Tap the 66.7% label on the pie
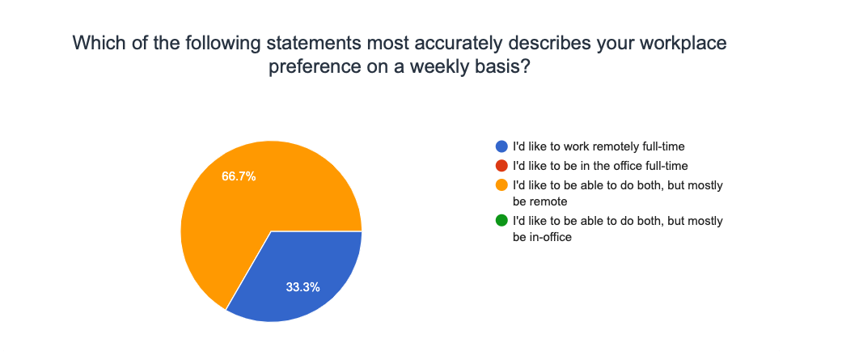click(239, 176)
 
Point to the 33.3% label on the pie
click(303, 287)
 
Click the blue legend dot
click(501, 146)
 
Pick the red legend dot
click(501, 166)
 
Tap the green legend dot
click(501, 220)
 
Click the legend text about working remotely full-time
click(599, 146)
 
